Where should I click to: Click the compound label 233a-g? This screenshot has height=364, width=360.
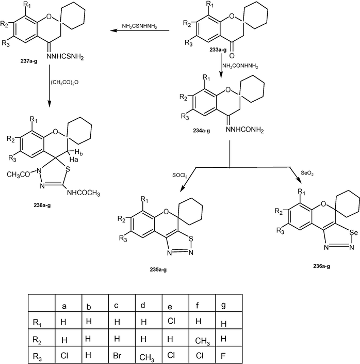click(x=218, y=50)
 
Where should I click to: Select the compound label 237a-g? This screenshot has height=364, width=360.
click(x=29, y=61)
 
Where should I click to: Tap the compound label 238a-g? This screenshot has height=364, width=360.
click(x=42, y=205)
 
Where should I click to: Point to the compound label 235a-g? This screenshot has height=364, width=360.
click(x=158, y=270)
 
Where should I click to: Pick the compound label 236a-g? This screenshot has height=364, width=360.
click(x=321, y=266)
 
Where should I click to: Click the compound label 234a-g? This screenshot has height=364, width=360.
click(x=201, y=131)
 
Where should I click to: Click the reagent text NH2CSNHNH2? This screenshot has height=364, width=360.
click(x=139, y=26)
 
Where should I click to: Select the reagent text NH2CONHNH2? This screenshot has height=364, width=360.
click(x=240, y=66)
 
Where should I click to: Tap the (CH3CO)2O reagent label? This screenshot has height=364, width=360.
click(x=64, y=83)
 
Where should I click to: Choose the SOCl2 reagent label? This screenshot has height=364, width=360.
click(x=180, y=176)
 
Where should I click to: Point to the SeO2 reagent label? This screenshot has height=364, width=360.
click(x=307, y=173)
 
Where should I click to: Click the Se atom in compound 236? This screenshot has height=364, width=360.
click(x=354, y=232)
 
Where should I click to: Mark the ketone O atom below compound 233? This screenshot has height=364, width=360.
click(x=232, y=55)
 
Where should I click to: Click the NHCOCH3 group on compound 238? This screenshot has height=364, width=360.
click(x=84, y=193)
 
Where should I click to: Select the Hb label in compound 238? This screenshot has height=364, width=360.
click(x=79, y=152)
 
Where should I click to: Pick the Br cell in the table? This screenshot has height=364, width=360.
click(x=118, y=356)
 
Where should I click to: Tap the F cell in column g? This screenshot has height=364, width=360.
click(x=223, y=356)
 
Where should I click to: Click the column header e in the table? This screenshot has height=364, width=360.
click(x=170, y=307)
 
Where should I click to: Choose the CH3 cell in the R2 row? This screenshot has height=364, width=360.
click(x=203, y=341)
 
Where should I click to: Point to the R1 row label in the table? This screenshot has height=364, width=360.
click(x=37, y=323)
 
